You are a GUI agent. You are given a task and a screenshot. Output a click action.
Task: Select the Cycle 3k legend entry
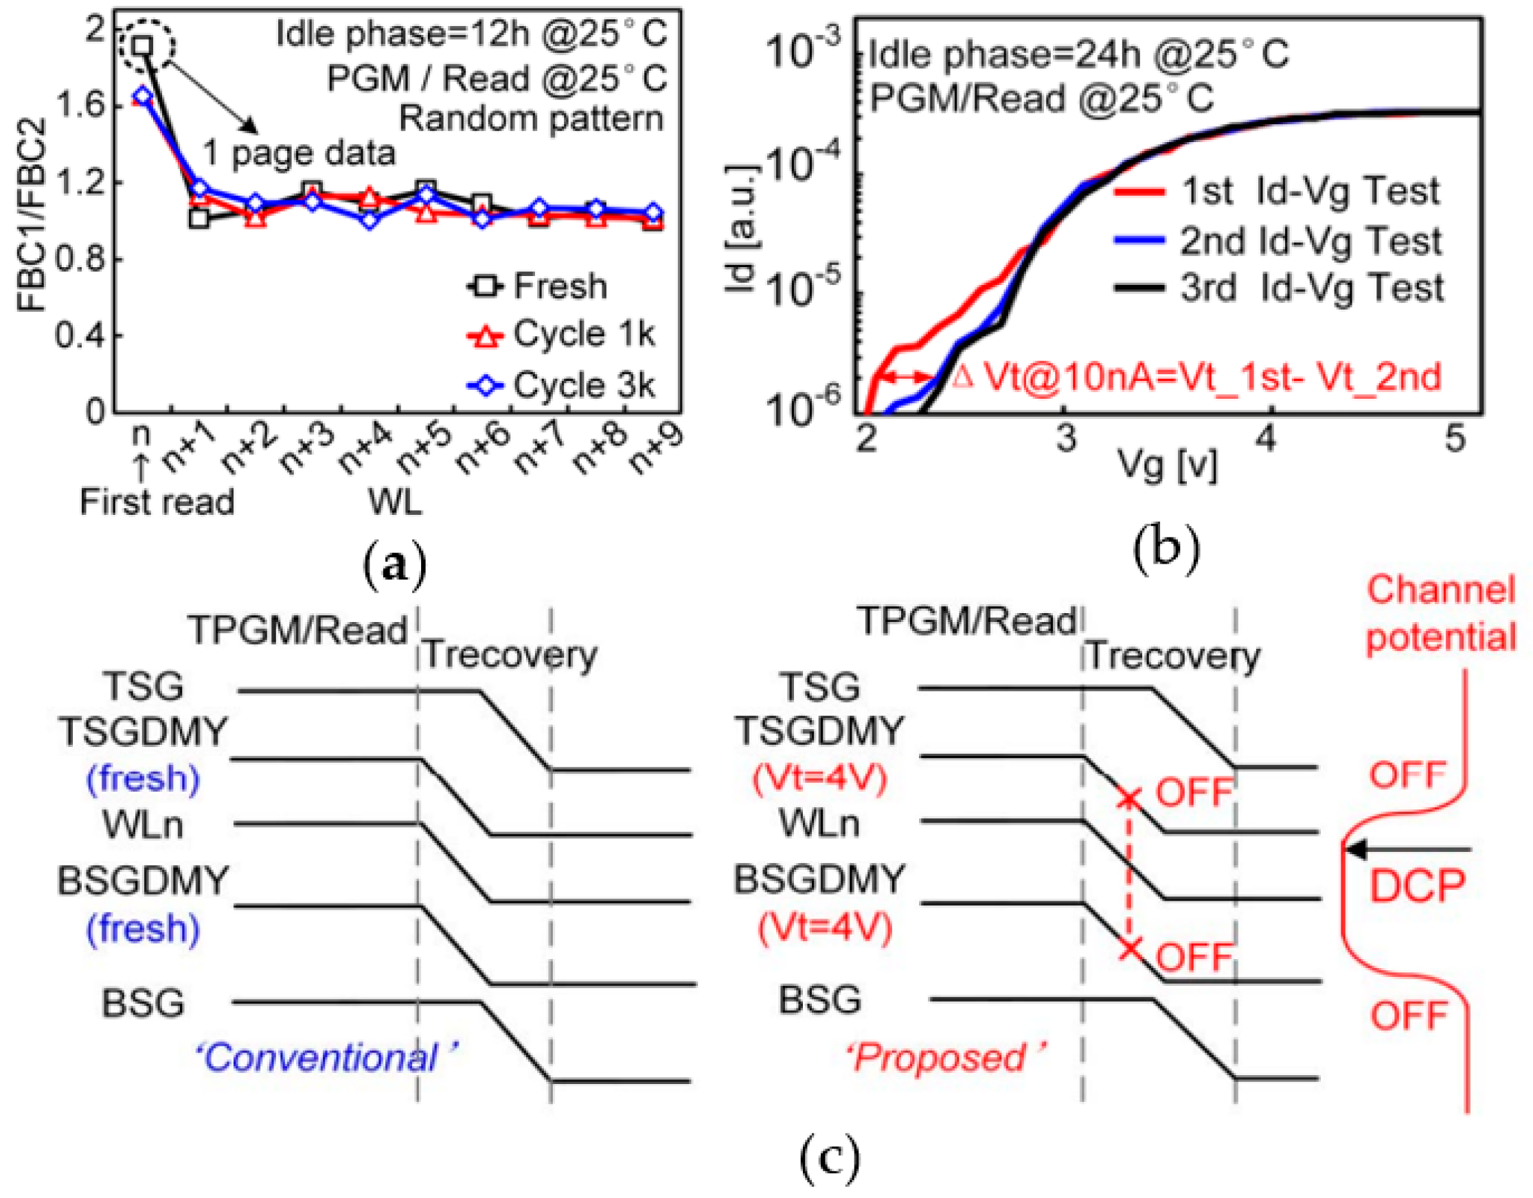562,385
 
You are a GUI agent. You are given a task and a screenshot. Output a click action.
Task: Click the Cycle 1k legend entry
562,335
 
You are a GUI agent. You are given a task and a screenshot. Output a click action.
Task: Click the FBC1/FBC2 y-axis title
32,214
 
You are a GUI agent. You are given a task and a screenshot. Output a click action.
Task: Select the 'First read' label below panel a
157,503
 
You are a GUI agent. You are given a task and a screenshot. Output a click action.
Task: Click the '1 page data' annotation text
299,154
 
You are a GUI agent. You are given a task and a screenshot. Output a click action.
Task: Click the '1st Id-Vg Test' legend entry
1277,191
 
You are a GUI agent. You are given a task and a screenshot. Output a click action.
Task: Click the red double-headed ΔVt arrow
906,378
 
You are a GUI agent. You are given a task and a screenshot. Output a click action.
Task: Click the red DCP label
1418,886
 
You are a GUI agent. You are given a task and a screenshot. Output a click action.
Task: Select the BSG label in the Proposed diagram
820,1000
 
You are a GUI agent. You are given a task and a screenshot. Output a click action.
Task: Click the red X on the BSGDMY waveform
1129,949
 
